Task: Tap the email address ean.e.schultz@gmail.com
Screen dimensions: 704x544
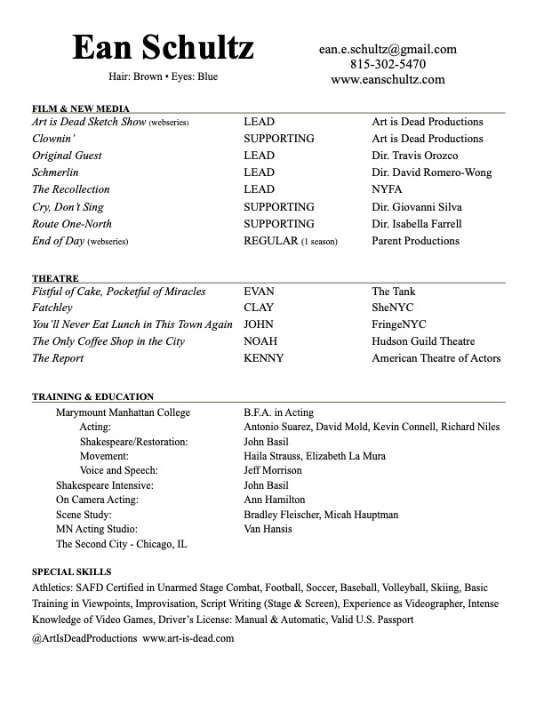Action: point(388,50)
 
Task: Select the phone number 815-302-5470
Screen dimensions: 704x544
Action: point(388,64)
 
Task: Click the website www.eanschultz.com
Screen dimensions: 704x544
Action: point(388,79)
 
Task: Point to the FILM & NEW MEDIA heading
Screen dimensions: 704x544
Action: point(81,108)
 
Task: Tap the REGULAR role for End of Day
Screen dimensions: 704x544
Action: point(271,241)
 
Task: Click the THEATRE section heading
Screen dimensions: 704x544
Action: point(55,278)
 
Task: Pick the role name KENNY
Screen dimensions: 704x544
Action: point(264,358)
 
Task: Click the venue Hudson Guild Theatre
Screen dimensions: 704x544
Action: point(423,341)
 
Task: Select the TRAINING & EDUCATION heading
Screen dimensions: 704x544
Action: point(92,396)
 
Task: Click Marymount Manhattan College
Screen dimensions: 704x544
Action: point(123,412)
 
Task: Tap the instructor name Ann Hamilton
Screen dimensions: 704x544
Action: point(274,500)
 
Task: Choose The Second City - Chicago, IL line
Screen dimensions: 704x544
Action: point(121,544)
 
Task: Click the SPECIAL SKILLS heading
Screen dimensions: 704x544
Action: point(71,572)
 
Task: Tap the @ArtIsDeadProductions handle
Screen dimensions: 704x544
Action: point(84,638)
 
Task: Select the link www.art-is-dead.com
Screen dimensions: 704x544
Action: point(188,638)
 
